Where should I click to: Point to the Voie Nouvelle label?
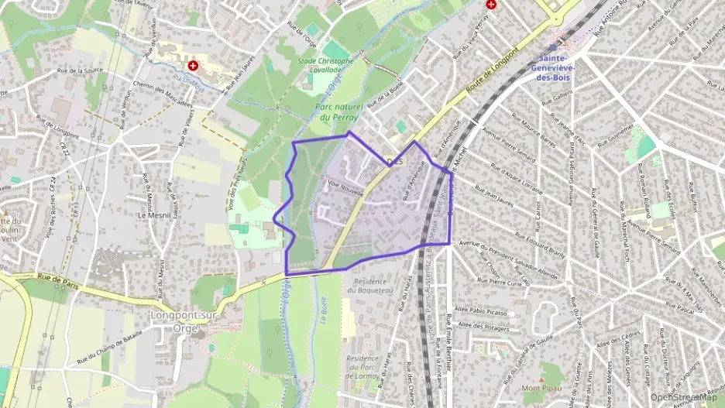point(345,188)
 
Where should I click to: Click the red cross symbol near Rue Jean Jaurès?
point(192,67)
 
